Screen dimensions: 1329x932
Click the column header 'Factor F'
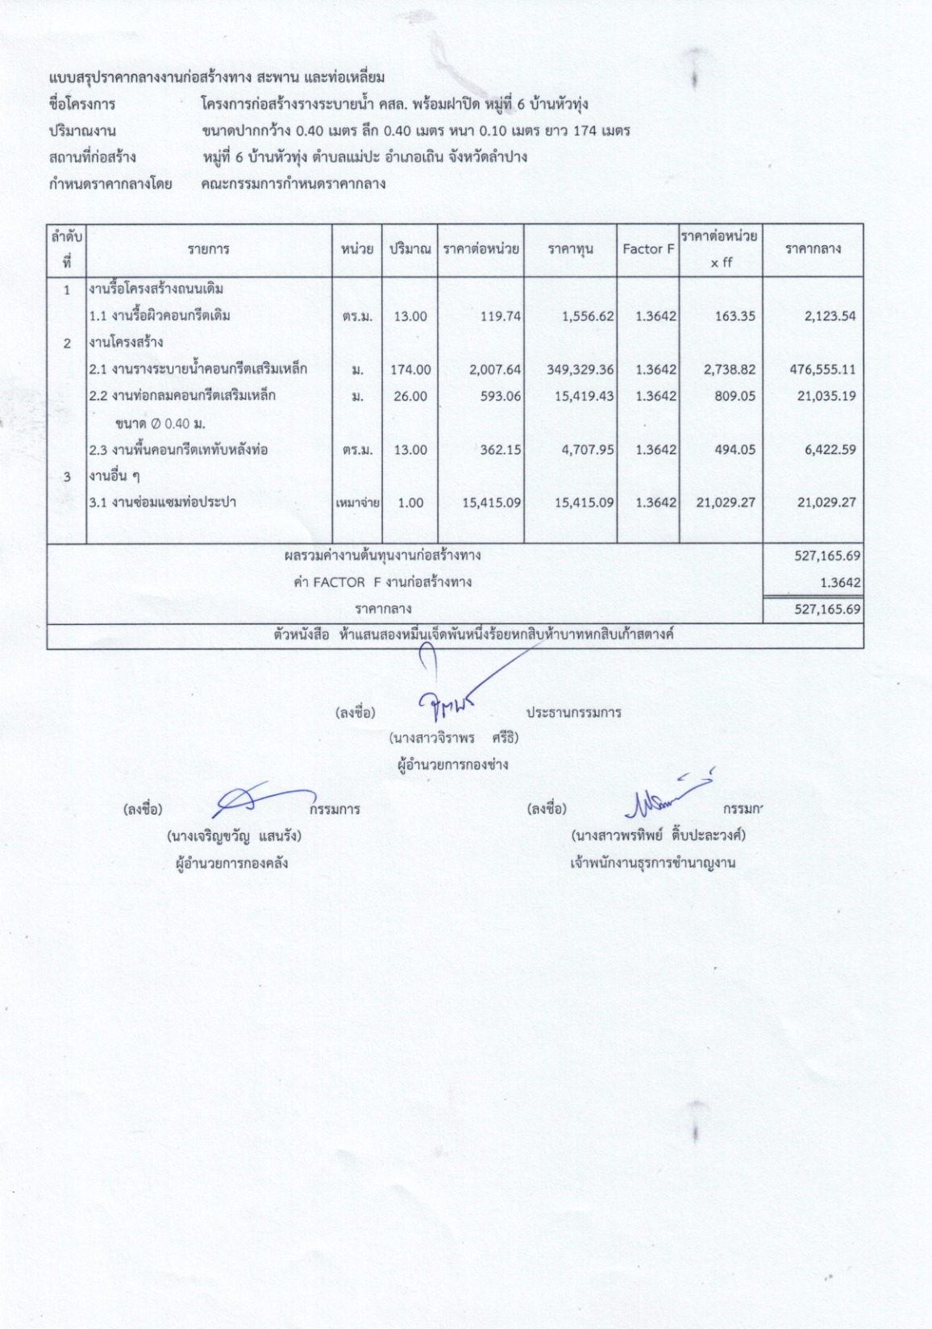coord(647,249)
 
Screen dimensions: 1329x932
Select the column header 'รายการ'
coord(208,249)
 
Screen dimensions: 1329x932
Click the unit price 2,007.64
coord(495,369)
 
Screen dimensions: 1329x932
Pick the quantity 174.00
coord(410,369)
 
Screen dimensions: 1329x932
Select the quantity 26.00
coord(410,396)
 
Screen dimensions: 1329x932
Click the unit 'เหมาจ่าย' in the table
coord(357,503)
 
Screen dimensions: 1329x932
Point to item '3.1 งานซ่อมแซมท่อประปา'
coord(163,502)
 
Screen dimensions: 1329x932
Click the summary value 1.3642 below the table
coord(840,582)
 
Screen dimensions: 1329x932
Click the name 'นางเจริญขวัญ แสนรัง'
coord(234,836)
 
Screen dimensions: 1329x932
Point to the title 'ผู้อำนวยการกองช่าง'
coord(453,764)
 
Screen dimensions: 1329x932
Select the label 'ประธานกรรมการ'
coord(573,713)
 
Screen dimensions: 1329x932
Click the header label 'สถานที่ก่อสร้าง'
coord(92,156)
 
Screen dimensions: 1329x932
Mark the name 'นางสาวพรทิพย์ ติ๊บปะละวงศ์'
coord(658,835)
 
